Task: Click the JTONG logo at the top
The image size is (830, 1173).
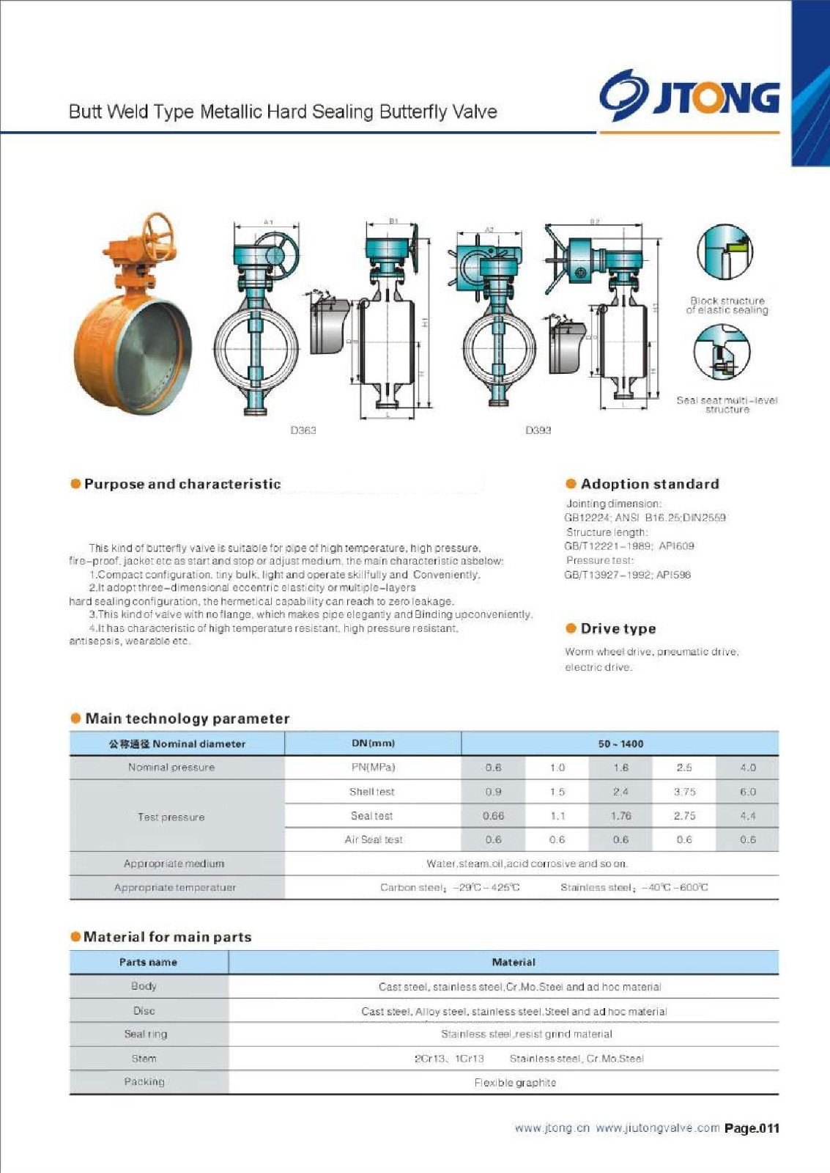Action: click(689, 97)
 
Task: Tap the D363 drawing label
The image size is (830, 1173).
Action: click(303, 430)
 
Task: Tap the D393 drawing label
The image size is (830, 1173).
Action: click(538, 430)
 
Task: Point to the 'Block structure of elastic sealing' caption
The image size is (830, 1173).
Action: click(727, 306)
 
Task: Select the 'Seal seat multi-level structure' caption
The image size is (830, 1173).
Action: click(727, 405)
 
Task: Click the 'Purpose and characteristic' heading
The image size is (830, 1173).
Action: click(182, 484)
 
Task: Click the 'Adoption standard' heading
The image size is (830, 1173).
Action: click(650, 484)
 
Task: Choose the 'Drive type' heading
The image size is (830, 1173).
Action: click(618, 629)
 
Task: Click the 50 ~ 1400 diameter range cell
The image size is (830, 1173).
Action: click(620, 743)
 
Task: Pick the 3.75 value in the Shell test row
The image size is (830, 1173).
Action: click(684, 792)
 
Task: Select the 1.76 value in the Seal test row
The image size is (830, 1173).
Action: click(620, 816)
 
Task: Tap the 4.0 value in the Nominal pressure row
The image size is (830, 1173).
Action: click(747, 768)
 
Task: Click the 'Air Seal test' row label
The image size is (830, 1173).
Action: click(374, 840)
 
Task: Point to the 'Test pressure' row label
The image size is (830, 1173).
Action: click(171, 817)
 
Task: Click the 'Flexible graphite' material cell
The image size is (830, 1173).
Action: click(515, 1083)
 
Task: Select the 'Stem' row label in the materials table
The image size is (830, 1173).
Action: click(144, 1059)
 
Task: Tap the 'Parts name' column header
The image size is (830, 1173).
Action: click(148, 962)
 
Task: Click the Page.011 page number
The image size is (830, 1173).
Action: click(752, 1128)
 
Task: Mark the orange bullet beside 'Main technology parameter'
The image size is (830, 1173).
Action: click(75, 718)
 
